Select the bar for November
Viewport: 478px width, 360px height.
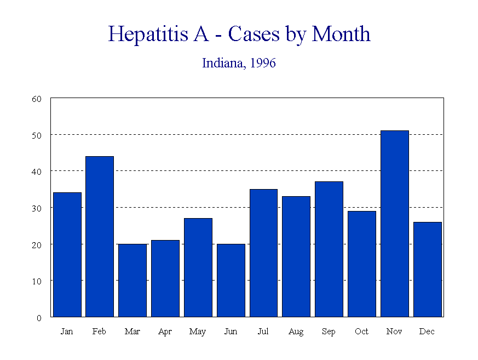pyautogui.click(x=395, y=224)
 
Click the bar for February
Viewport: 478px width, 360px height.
pyautogui.click(x=100, y=237)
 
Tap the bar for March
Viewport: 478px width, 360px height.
pyautogui.click(x=133, y=280)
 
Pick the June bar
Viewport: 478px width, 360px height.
pyautogui.click(x=231, y=280)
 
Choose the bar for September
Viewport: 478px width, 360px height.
pyautogui.click(x=329, y=249)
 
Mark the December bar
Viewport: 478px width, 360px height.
pyautogui.click(x=428, y=269)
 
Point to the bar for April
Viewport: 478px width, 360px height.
pyautogui.click(x=165, y=278)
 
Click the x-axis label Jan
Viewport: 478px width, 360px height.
pyautogui.click(x=67, y=332)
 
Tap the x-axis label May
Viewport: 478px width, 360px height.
pyautogui.click(x=198, y=332)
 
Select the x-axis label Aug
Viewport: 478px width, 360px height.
pyautogui.click(x=296, y=332)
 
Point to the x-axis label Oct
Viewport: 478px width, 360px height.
pyautogui.click(x=362, y=332)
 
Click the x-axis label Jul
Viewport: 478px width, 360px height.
pyautogui.click(x=263, y=332)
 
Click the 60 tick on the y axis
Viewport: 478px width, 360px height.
pyautogui.click(x=37, y=99)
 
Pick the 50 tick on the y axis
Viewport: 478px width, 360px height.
pyautogui.click(x=37, y=135)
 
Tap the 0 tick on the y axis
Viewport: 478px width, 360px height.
pyautogui.click(x=39, y=317)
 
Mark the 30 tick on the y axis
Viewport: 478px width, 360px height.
pyautogui.click(x=37, y=208)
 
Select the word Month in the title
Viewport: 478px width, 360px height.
pyautogui.click(x=341, y=34)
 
